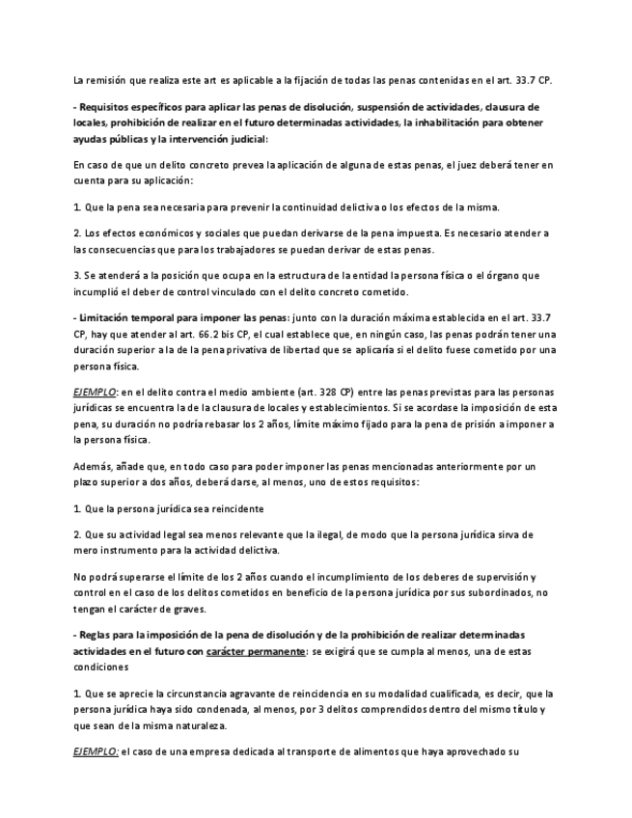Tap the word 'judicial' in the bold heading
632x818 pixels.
[x=242, y=139]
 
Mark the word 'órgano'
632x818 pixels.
[x=502, y=277]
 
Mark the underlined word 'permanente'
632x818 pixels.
[x=276, y=650]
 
